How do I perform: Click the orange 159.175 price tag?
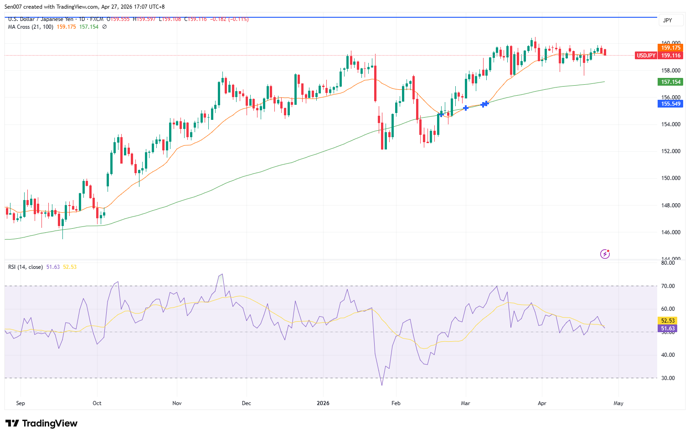point(670,48)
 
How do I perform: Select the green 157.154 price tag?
point(670,82)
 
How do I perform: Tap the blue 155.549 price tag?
point(670,104)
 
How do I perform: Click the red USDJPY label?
point(646,56)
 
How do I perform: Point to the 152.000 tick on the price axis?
point(670,151)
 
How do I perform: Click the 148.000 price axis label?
point(670,206)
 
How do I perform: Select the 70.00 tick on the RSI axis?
point(668,286)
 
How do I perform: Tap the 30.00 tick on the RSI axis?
point(668,378)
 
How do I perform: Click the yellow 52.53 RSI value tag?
point(668,321)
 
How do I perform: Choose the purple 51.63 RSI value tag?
point(668,329)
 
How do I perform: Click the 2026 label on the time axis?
point(323,403)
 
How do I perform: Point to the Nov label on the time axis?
point(177,403)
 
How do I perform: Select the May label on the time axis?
point(618,403)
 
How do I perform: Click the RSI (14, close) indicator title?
point(26,267)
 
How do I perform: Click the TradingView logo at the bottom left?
point(41,423)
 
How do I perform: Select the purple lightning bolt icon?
point(605,254)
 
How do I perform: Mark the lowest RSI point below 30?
point(382,385)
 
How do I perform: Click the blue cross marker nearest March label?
point(465,108)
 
